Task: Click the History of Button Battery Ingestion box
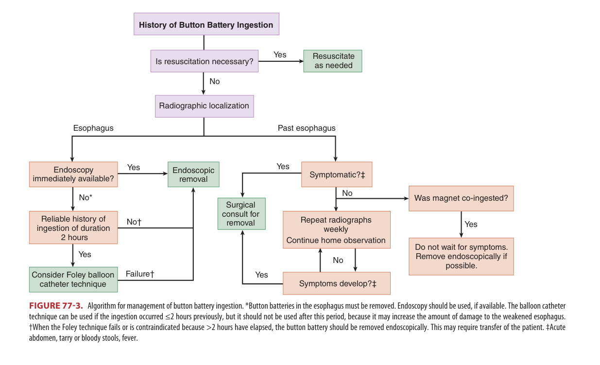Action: tap(206, 24)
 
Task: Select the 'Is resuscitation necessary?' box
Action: tap(204, 61)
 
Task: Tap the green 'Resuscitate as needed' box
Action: tap(333, 61)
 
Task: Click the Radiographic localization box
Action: tap(204, 106)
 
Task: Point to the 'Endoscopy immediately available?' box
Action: tap(73, 174)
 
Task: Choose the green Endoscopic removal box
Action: tap(193, 174)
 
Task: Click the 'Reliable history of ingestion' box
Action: tap(73, 227)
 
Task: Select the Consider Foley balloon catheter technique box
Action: tap(73, 279)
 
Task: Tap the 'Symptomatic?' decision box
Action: tap(337, 174)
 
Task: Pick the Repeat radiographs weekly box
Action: tap(336, 230)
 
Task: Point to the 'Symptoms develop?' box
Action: tap(337, 283)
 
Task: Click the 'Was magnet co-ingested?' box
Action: tap(461, 198)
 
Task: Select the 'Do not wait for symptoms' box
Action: tap(461, 256)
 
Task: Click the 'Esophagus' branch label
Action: tap(93, 128)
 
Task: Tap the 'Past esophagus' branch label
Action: tap(307, 128)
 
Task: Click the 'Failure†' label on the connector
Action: tap(140, 274)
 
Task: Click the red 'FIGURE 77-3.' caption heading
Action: tap(56, 306)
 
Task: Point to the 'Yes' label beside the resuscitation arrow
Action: tap(280, 54)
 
